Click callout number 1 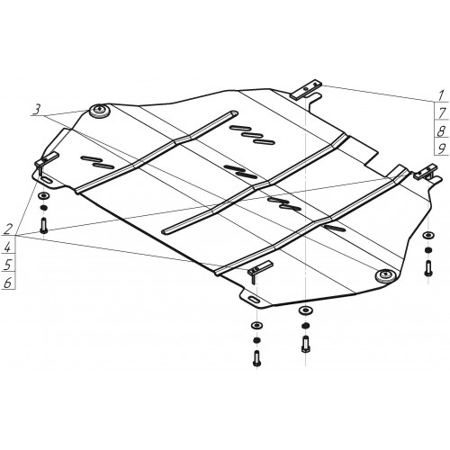pyautogui.click(x=440, y=95)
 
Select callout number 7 pyautogui.click(x=442, y=113)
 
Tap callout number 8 pyautogui.click(x=441, y=130)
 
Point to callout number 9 pyautogui.click(x=441, y=148)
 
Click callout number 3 pyautogui.click(x=37, y=110)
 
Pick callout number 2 pyautogui.click(x=8, y=229)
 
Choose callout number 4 pyautogui.click(x=7, y=247)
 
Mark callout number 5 pyautogui.click(x=7, y=265)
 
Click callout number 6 pyautogui.click(x=7, y=283)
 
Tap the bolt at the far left pyautogui.click(x=43, y=225)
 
